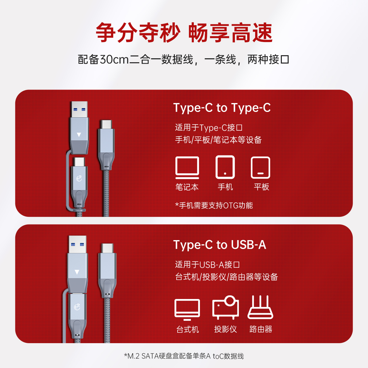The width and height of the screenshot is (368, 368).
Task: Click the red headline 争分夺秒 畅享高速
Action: tap(184, 33)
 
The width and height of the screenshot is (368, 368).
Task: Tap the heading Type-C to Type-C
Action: tap(222, 108)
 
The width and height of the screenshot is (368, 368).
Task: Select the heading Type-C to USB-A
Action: tap(220, 245)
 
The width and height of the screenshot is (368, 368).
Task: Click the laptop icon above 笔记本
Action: tap(187, 168)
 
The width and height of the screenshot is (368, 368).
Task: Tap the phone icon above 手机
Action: tap(225, 167)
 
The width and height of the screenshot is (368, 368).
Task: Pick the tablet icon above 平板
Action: tap(260, 167)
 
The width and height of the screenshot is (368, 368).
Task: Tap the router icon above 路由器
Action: tap(260, 307)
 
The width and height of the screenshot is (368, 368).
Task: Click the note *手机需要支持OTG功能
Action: tap(214, 205)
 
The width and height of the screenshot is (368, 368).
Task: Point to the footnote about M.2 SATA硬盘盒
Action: tap(184, 356)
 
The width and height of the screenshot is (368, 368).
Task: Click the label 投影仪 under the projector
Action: tap(225, 329)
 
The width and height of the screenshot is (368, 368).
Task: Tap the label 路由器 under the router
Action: tap(261, 329)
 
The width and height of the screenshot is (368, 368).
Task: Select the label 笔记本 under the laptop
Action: tap(187, 187)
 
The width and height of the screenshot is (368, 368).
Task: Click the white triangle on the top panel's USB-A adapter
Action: tap(79, 135)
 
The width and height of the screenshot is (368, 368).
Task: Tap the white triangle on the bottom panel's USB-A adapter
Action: tap(77, 272)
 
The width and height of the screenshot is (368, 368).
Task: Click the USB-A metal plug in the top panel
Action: tap(79, 109)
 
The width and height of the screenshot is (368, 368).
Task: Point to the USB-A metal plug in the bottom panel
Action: tap(78, 244)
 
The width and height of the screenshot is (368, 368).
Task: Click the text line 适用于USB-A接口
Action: tap(207, 265)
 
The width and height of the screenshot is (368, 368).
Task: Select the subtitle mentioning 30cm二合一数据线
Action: tap(183, 59)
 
